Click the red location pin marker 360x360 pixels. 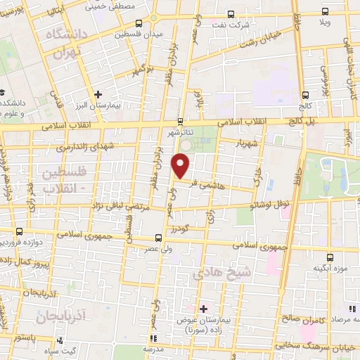click(x=181, y=166)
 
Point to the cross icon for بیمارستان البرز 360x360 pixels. click(x=98, y=94)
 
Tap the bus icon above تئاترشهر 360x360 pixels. click(x=181, y=121)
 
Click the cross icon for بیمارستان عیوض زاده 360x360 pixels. click(x=203, y=309)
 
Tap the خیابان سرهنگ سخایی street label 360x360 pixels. click(x=313, y=345)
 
